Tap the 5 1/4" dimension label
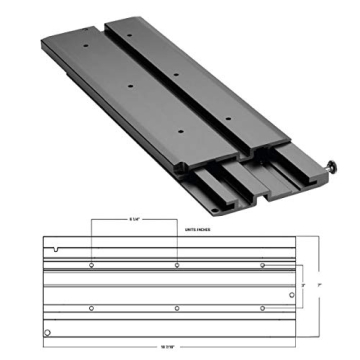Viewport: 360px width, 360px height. (134, 220)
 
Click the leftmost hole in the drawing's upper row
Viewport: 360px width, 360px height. (92, 265)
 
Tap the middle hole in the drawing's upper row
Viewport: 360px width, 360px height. (177, 265)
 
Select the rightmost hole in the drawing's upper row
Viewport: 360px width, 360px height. (262, 265)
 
